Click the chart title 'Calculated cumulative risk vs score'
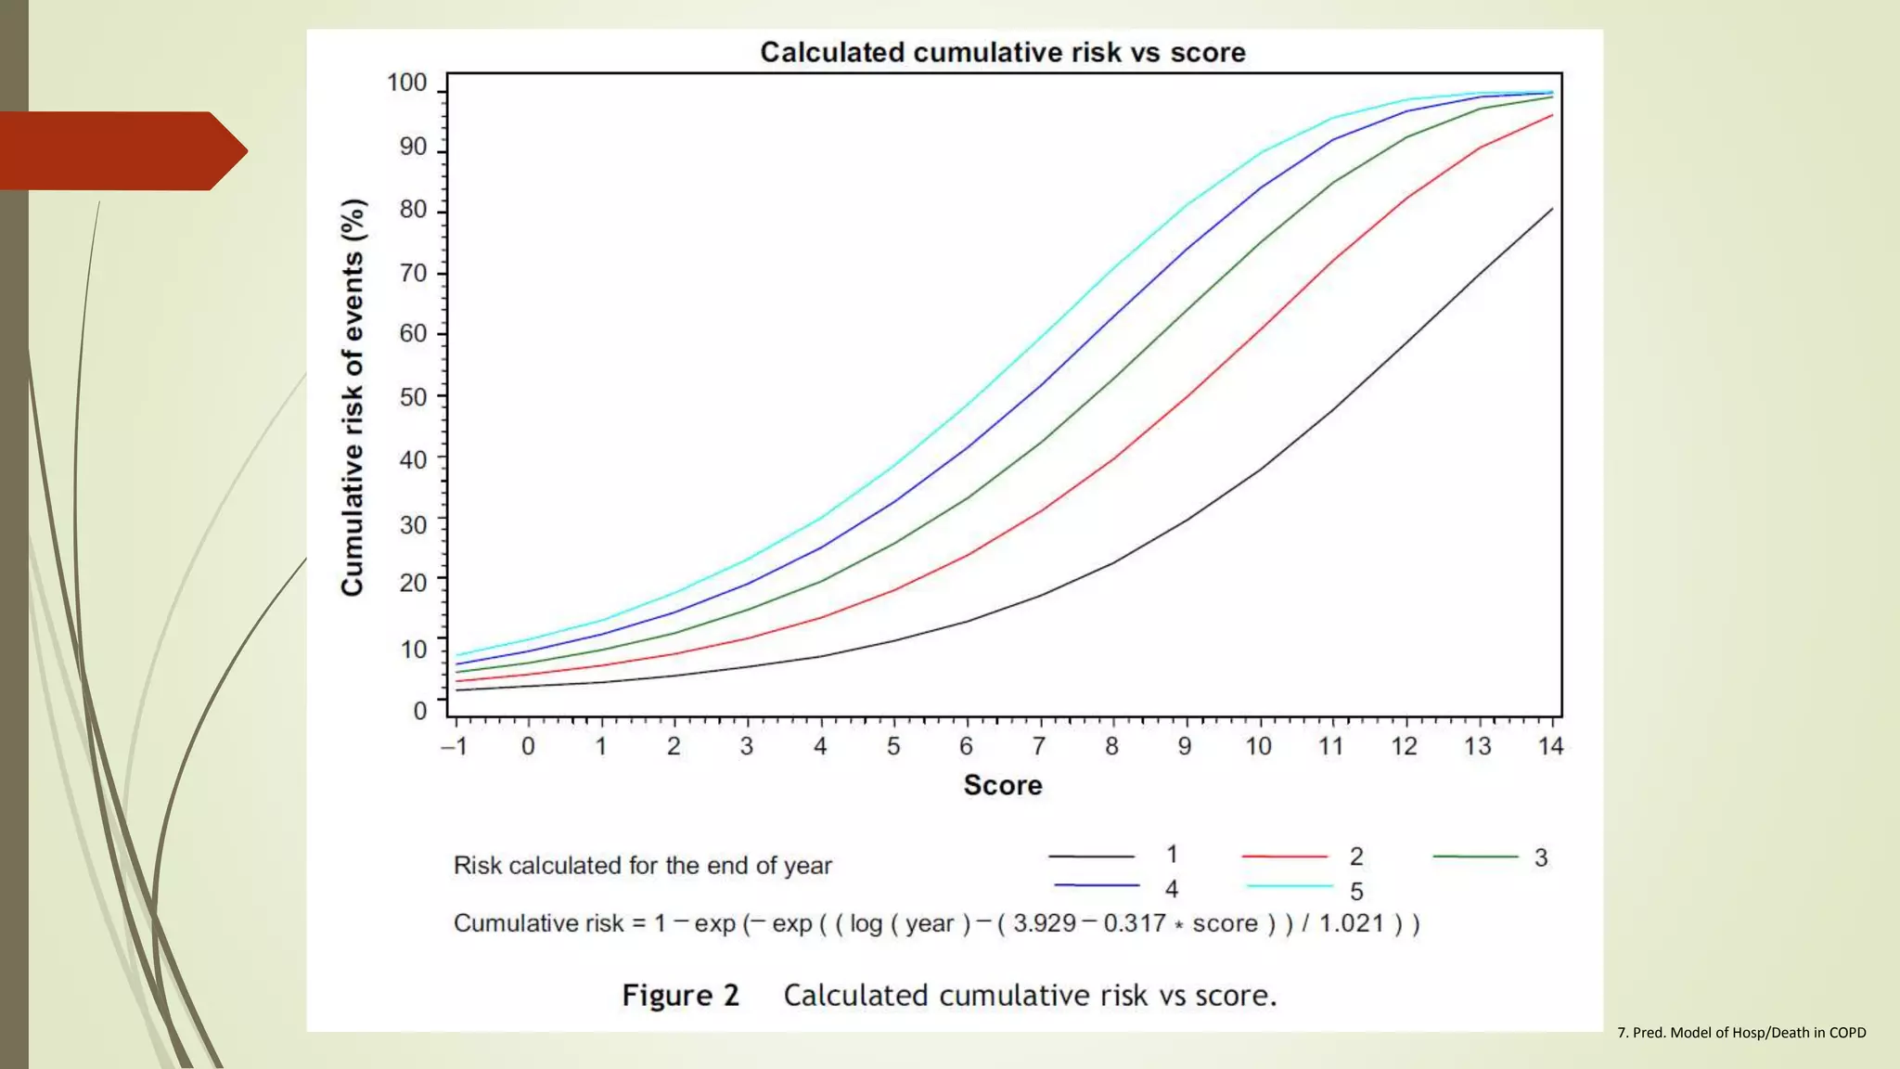(x=1002, y=52)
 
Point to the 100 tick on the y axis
(x=406, y=83)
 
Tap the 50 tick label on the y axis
(x=413, y=397)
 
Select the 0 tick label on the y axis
(x=420, y=711)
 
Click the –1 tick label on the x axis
(x=454, y=746)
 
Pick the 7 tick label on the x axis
(x=1039, y=746)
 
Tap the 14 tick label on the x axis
(x=1550, y=746)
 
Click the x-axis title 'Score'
(x=1002, y=785)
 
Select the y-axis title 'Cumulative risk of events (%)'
(x=353, y=397)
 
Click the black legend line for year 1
(x=1091, y=856)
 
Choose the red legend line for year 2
(x=1285, y=856)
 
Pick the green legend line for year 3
(x=1475, y=856)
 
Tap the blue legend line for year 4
(x=1097, y=885)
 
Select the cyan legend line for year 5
(x=1290, y=886)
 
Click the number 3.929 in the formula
(x=1044, y=923)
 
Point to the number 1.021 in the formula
(x=1351, y=923)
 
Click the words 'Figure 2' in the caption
(x=680, y=995)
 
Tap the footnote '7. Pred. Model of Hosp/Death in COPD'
(x=1740, y=1032)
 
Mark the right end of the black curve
(x=1552, y=209)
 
